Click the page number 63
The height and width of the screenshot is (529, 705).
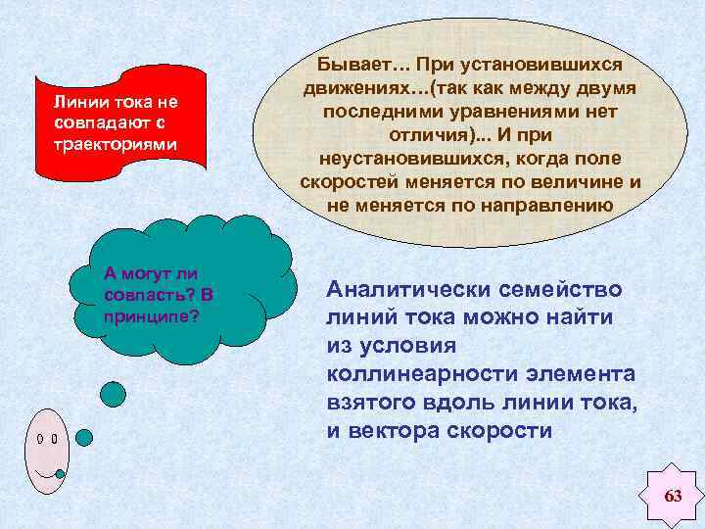pyautogui.click(x=673, y=496)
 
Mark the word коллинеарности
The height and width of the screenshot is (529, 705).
pyautogui.click(x=405, y=374)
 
